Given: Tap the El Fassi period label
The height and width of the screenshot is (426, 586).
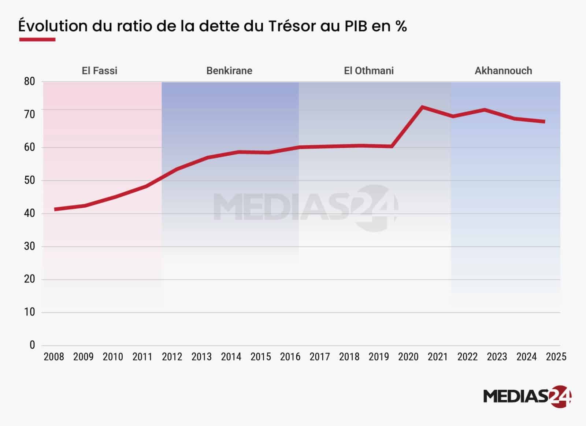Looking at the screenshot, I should (x=100, y=71).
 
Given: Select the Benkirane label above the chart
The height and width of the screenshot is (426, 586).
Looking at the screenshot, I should (x=229, y=71).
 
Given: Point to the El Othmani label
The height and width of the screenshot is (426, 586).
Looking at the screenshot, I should (x=369, y=71).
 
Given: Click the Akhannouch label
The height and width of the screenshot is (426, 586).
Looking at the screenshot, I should (x=503, y=71).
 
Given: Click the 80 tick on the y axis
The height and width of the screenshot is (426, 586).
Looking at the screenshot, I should (x=29, y=82).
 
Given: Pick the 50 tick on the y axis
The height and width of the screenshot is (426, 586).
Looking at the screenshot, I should (x=29, y=181).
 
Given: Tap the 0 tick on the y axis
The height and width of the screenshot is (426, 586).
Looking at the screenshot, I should (x=32, y=345).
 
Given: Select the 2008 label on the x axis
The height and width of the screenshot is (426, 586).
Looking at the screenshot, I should (x=54, y=357).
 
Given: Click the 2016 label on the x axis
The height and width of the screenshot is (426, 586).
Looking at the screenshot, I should (x=290, y=357).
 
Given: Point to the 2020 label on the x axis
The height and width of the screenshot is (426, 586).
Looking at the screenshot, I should (x=408, y=357).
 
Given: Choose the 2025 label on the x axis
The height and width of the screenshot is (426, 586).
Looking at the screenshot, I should (x=556, y=357).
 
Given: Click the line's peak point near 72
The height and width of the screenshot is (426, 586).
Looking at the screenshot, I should (x=422, y=107).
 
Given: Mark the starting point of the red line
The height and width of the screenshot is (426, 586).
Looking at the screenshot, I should (x=55, y=209).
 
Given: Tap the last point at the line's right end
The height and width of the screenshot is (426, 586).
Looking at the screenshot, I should (x=544, y=121).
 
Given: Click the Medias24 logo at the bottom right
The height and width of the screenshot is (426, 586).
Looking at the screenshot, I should (x=527, y=396).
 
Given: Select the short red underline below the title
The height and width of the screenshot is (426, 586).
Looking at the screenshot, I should (x=37, y=39).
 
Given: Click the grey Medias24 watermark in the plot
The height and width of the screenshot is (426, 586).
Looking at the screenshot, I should (x=306, y=208).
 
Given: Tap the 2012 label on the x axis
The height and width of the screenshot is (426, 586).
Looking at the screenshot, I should (x=172, y=357).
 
